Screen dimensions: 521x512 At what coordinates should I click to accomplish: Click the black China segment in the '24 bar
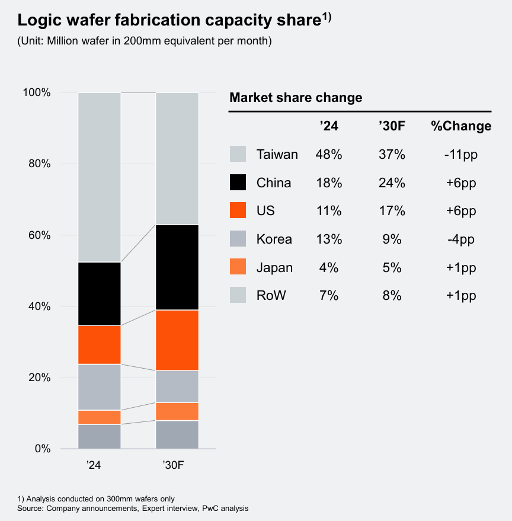[100, 293]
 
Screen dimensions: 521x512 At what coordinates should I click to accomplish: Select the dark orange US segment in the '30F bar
[177, 340]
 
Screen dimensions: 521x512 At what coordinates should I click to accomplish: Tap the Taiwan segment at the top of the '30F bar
[177, 159]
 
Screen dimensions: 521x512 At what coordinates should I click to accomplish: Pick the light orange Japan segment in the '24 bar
[100, 417]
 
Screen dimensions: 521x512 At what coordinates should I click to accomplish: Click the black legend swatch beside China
[238, 183]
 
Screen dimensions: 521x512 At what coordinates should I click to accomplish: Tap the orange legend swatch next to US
[238, 210]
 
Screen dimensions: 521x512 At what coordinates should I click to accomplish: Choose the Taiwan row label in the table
[277, 155]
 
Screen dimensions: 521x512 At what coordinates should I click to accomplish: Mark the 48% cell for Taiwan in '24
[329, 155]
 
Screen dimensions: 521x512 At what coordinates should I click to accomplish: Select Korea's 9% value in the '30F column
[392, 239]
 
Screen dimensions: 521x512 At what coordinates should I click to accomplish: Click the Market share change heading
[296, 98]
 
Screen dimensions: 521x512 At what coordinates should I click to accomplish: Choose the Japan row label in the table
[274, 267]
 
